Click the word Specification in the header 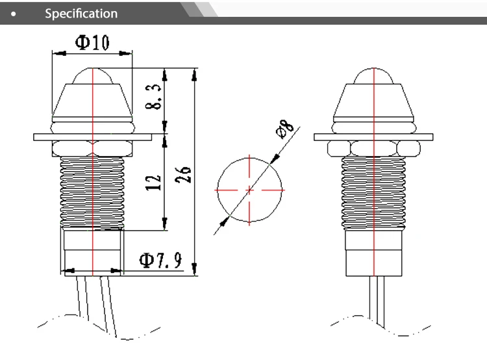pos(81,14)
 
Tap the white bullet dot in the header pos(14,14)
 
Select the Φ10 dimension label pos(92,43)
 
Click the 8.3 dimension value pos(153,97)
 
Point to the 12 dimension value pos(153,183)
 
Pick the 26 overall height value pos(182,175)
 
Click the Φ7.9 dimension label pos(160,260)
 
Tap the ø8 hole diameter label pos(284,129)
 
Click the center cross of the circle pos(249,190)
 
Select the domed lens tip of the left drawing pos(92,76)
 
